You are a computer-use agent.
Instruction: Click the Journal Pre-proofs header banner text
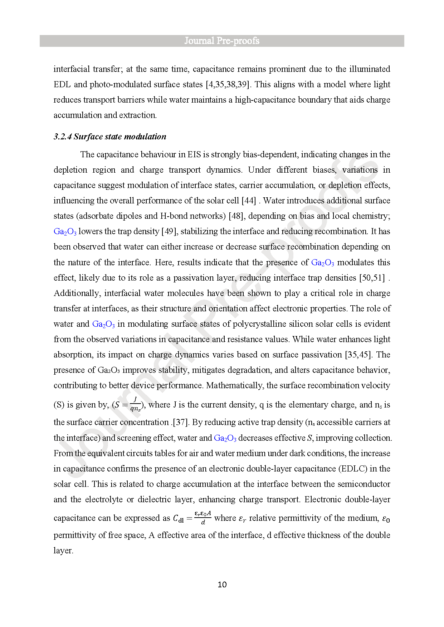[222, 41]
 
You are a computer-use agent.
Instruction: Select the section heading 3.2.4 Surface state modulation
[110, 137]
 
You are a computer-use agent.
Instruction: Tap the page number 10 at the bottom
[222, 584]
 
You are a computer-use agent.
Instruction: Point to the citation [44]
[249, 201]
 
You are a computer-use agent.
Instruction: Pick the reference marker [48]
[236, 216]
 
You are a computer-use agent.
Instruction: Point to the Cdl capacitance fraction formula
[192, 518]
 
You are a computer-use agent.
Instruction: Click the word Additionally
[77, 293]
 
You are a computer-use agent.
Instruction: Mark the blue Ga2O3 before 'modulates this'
[322, 263]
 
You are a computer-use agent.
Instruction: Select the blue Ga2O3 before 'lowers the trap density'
[65, 232]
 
